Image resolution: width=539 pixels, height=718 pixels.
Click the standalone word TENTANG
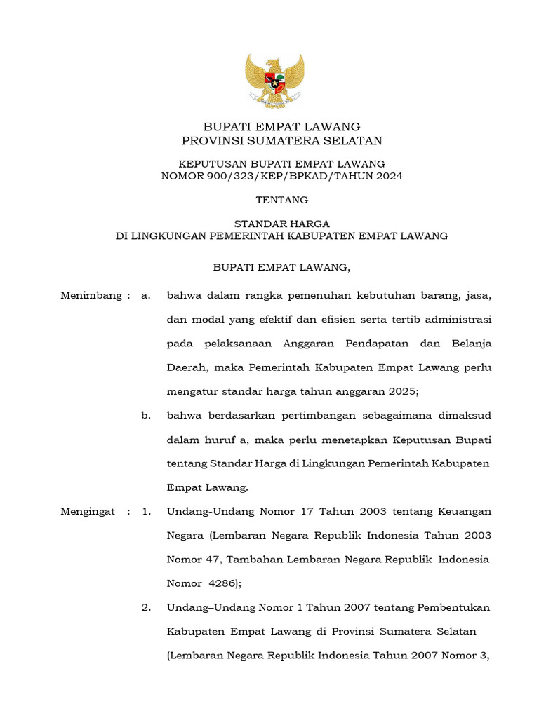281,200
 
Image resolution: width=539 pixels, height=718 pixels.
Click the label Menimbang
91,296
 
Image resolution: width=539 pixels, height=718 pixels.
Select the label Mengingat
88,512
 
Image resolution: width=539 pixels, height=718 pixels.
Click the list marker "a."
146,296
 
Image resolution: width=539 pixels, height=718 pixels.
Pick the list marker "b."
146,416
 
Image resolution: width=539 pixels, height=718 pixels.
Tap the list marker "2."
146,608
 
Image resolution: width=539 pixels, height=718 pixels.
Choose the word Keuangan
459,512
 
